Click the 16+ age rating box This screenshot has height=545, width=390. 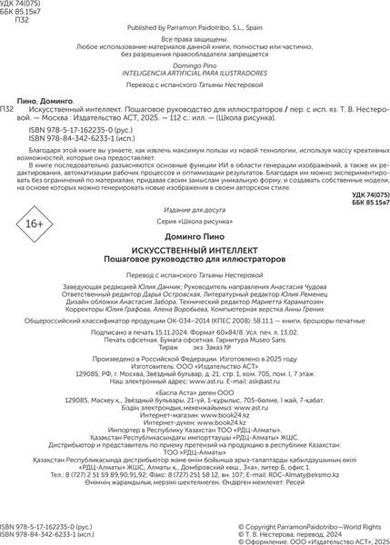pos(34,248)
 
